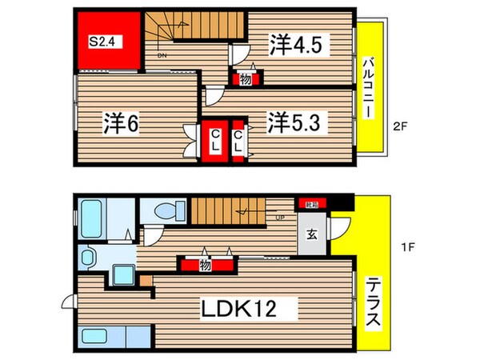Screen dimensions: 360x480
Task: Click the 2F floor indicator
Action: (404, 126)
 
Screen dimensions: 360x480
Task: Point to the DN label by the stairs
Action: (162, 55)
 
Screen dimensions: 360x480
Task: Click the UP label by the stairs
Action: (278, 216)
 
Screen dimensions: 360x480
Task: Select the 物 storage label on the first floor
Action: (205, 265)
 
